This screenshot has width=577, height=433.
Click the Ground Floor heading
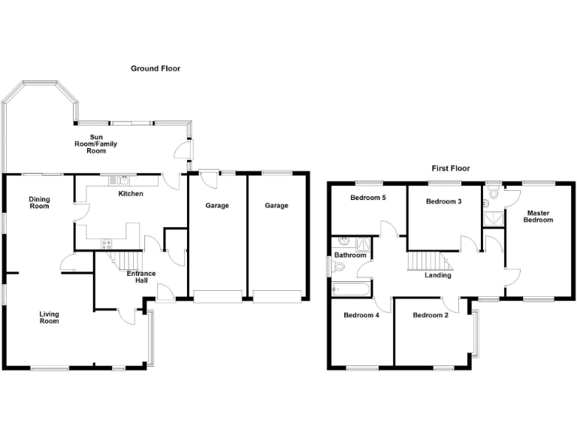(156, 68)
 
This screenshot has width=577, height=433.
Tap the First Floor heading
(450, 168)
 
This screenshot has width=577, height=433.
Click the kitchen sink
(120, 180)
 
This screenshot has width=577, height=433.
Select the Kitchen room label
(131, 194)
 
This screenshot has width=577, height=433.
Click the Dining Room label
(39, 203)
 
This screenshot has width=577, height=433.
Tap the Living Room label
(50, 317)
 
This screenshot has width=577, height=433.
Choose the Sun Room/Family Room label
(96, 143)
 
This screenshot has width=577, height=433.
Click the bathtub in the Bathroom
(351, 289)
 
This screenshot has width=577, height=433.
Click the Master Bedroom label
(538, 216)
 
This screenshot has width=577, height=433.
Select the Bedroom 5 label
(368, 198)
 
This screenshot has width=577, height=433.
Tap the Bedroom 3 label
(443, 201)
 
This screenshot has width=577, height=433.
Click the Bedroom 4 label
(361, 315)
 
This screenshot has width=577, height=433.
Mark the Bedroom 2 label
(430, 315)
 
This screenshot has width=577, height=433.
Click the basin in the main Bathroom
(343, 241)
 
